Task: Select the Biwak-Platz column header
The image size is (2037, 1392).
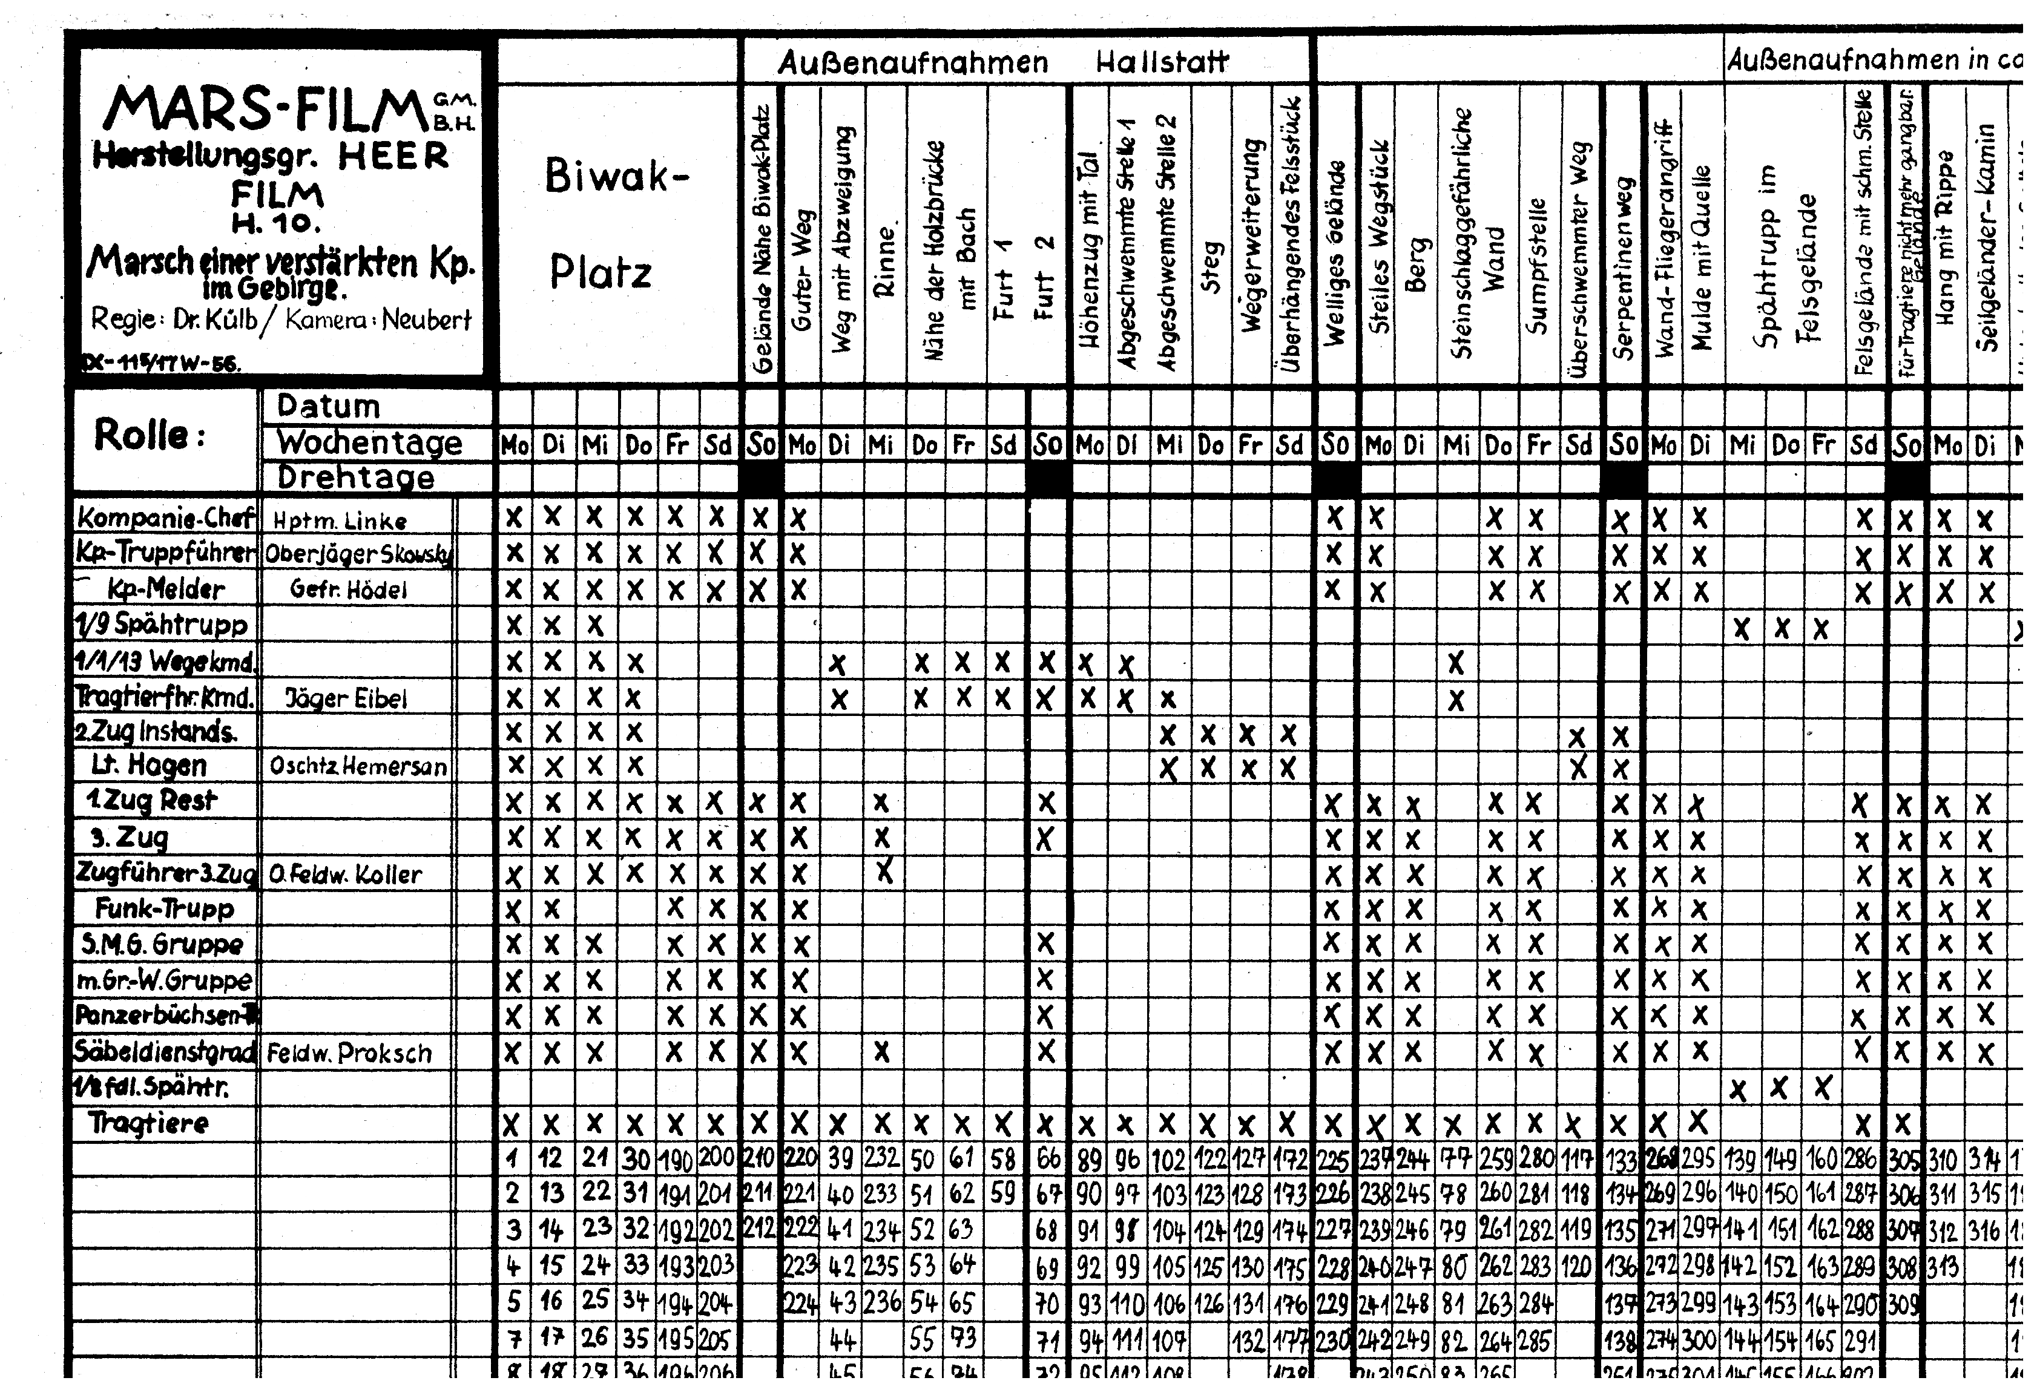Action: click(614, 223)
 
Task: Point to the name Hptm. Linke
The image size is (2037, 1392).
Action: click(340, 520)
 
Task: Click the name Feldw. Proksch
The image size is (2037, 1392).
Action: click(349, 1052)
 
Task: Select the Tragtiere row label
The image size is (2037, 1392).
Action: click(148, 1123)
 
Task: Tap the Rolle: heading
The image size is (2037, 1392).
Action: click(149, 435)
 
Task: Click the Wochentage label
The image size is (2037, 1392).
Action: click(369, 442)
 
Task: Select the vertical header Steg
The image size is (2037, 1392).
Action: click(1211, 268)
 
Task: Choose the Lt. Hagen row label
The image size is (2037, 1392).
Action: click(149, 765)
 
